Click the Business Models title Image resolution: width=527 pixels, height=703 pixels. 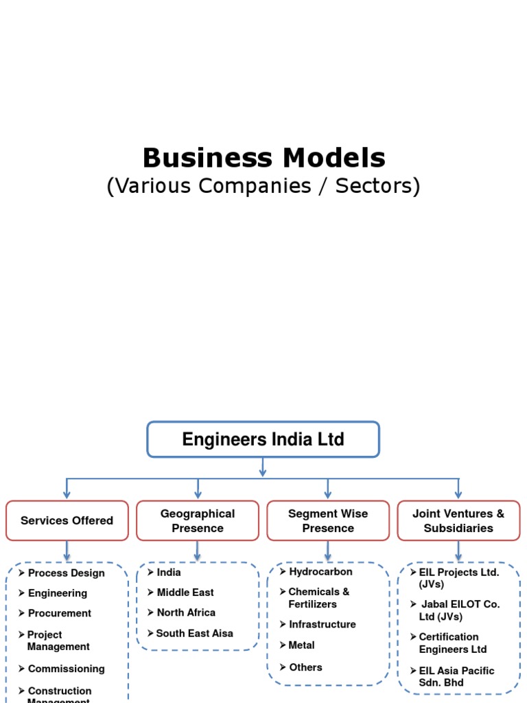coord(263,158)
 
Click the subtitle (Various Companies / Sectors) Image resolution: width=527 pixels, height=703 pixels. coord(263,186)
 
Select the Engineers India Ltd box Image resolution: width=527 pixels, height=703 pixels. coord(263,439)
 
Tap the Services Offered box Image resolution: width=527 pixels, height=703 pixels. coord(67,520)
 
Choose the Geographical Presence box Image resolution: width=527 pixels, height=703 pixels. coord(198,520)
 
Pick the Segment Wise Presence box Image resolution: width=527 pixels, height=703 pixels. coord(328,520)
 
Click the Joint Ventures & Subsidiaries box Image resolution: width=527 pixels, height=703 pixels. coord(458,520)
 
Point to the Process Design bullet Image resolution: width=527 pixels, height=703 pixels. coord(66,573)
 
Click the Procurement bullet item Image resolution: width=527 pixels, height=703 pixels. coord(59,613)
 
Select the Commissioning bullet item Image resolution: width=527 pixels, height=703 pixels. coord(66,669)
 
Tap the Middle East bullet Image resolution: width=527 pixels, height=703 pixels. coord(185,592)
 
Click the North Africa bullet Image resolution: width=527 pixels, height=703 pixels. coord(185,612)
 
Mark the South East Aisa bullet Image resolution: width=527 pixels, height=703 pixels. coord(194,634)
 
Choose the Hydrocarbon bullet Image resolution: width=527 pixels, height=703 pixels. coord(320,571)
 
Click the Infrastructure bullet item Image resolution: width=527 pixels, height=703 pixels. coord(322,624)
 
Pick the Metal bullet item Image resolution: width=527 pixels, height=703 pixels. coord(301,645)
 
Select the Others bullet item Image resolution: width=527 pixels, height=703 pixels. coord(305,667)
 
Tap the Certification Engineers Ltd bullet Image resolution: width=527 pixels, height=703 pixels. coord(452,643)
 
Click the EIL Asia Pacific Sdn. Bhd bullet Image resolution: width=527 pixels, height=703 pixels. coord(456,676)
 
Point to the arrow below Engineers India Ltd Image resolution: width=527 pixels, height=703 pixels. coord(263,468)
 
